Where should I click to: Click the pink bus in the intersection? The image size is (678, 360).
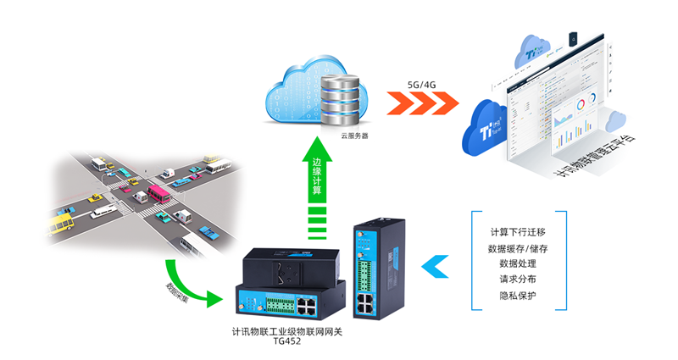coord(158,194)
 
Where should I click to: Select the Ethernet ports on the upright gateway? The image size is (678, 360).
coord(369,302)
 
